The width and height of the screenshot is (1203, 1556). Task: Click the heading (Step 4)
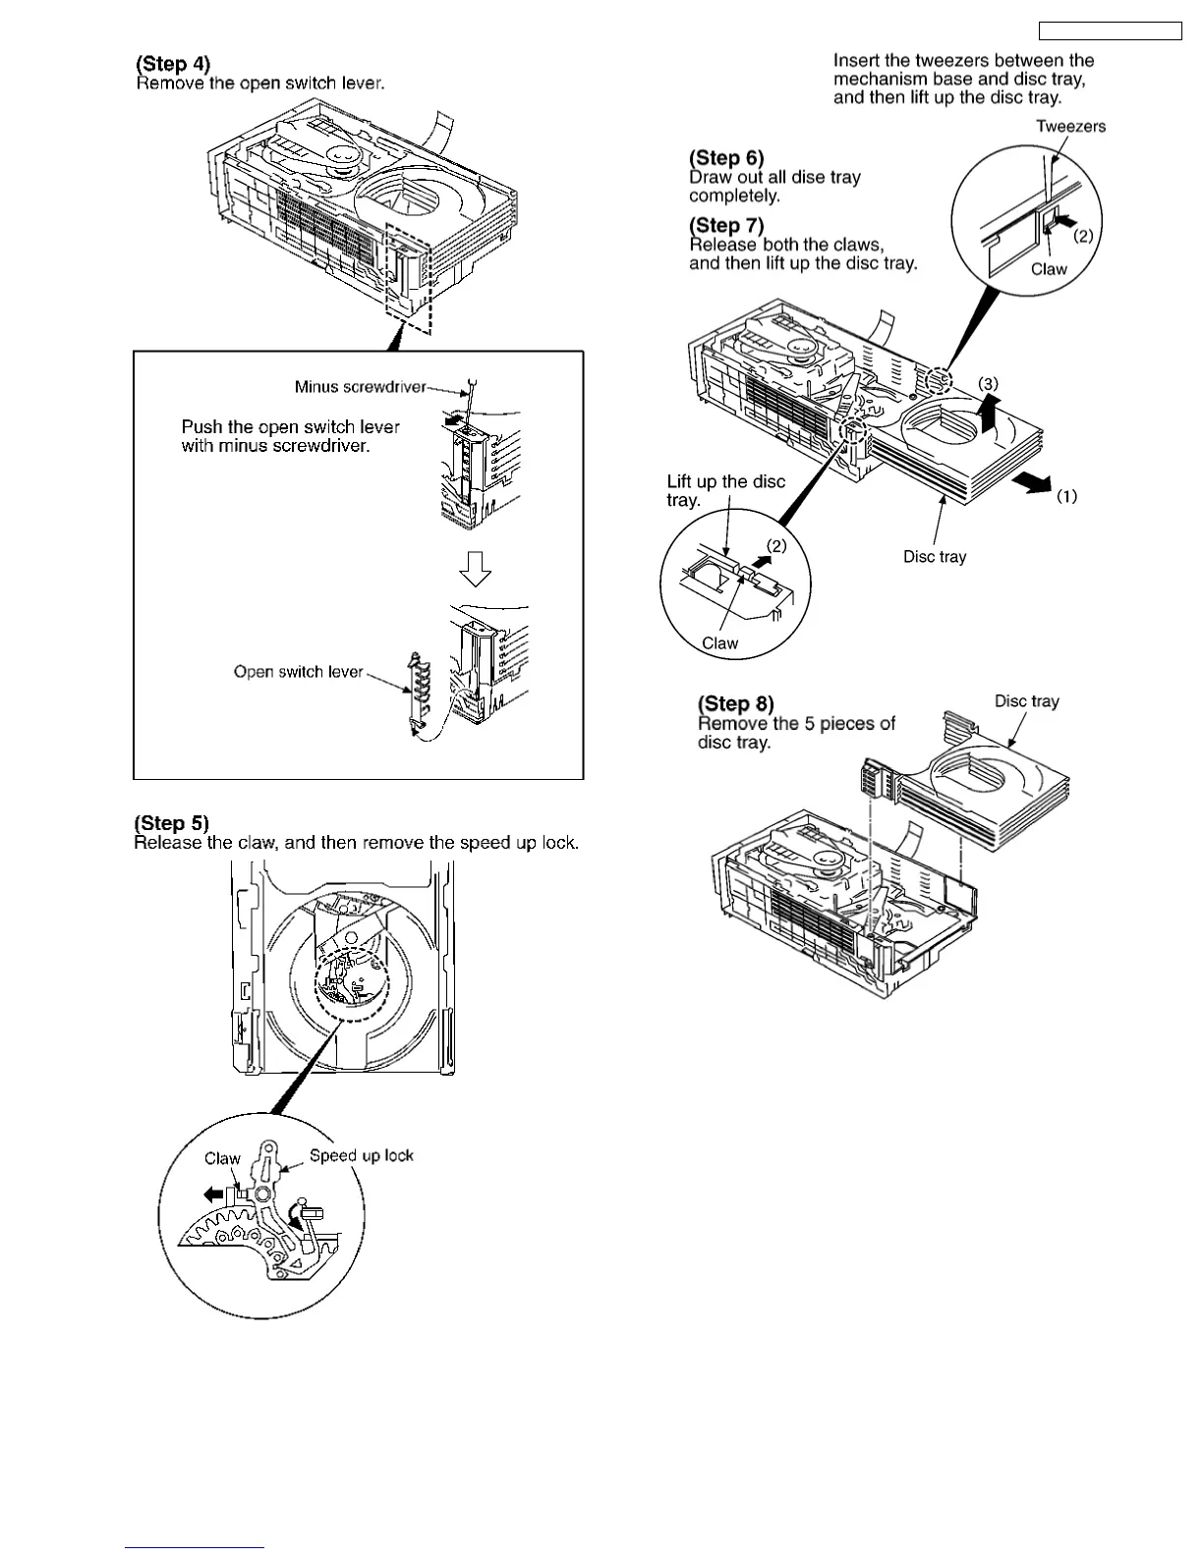[173, 64]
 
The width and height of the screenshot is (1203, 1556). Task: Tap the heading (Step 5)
[171, 823]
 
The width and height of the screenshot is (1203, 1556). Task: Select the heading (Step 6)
[726, 157]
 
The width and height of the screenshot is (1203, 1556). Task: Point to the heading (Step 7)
[726, 225]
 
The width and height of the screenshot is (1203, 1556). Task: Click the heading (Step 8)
[735, 703]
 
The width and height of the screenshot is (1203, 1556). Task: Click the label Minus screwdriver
[360, 387]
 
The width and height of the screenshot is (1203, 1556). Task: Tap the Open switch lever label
[298, 672]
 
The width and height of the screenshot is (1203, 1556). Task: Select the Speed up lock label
[362, 1156]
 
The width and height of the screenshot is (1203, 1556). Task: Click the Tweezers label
[1070, 126]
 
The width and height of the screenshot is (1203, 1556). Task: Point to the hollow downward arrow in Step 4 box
[476, 567]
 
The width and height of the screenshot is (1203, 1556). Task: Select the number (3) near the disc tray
[988, 382]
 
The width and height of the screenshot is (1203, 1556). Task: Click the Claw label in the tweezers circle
[1049, 269]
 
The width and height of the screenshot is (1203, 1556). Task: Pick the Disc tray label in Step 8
[1026, 701]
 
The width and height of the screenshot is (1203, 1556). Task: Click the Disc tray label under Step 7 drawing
[935, 557]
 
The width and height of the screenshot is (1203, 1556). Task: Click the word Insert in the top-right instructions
[857, 61]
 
